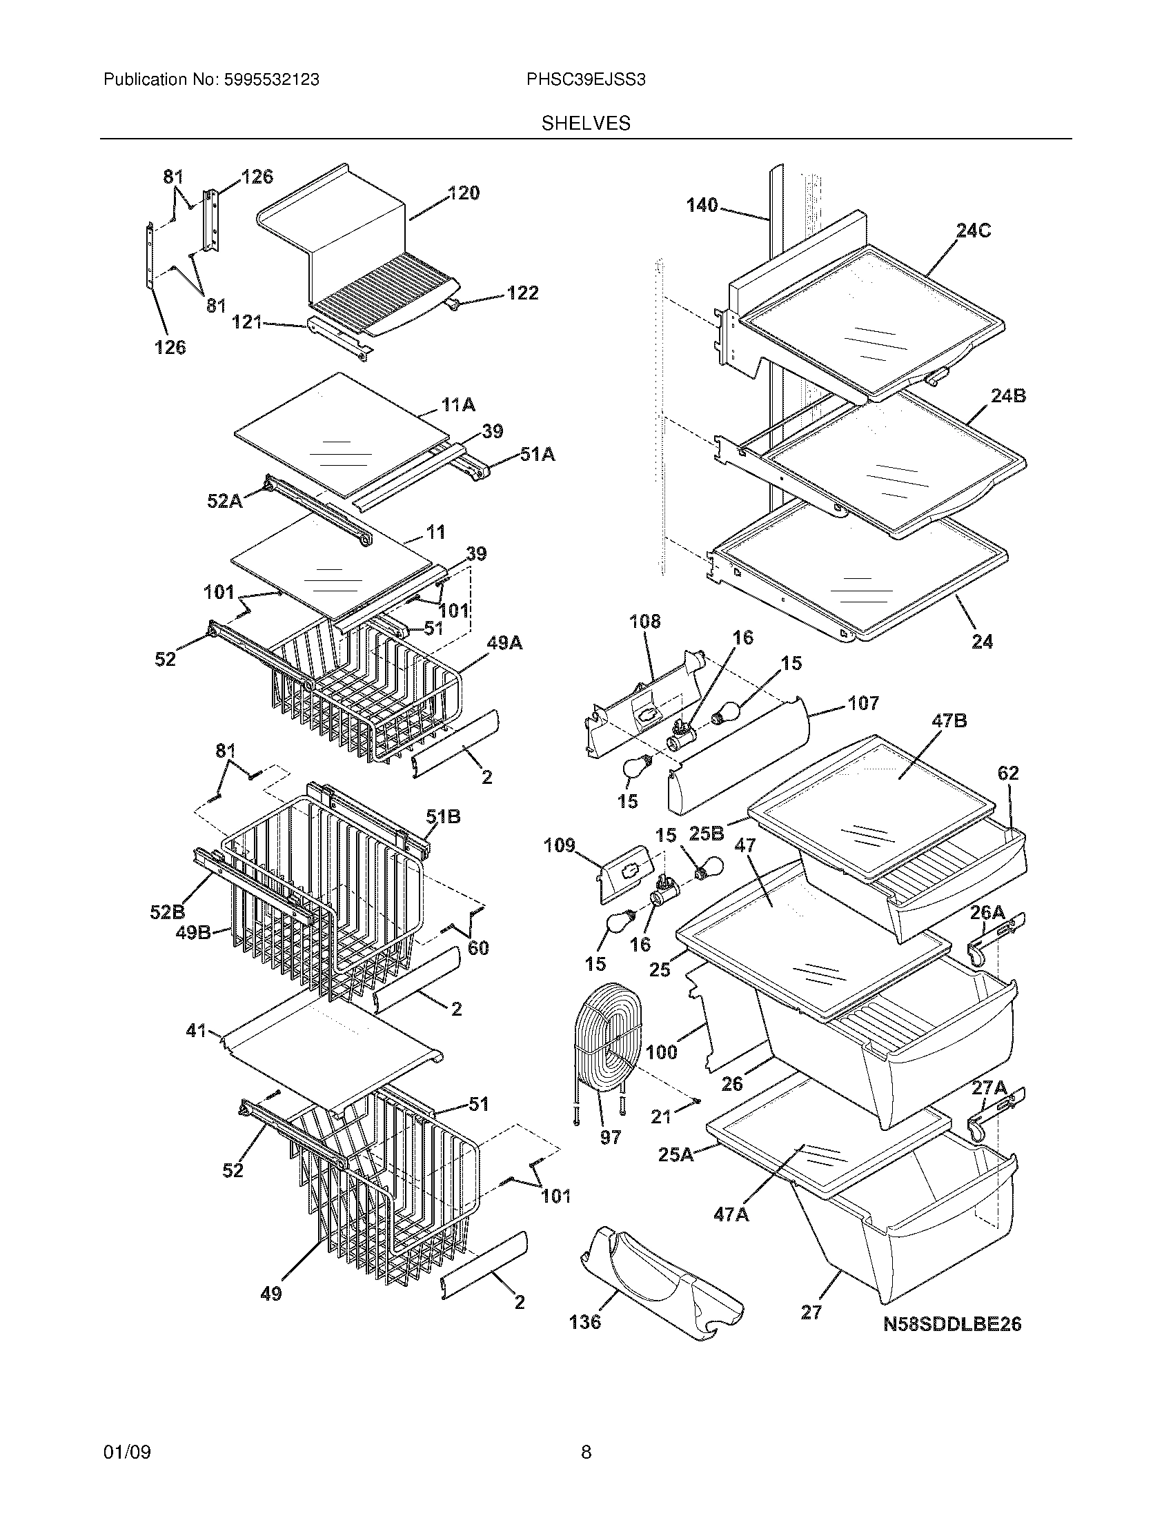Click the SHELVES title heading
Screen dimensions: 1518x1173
tap(586, 124)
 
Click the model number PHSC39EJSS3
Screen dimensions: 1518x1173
tap(585, 80)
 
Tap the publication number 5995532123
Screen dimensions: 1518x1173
tap(272, 80)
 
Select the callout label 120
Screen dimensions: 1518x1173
tap(464, 193)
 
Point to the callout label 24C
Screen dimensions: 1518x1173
tap(973, 230)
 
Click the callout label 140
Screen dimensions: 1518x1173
tap(702, 205)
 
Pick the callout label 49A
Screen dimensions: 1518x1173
tap(504, 644)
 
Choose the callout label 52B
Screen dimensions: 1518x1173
tap(168, 911)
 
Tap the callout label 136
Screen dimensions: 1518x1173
tap(584, 1321)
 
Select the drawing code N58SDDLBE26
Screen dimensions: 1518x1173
tap(952, 1324)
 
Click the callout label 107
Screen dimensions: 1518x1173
tap(863, 703)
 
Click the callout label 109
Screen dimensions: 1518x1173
tap(560, 845)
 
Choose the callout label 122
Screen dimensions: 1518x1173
tap(522, 293)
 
